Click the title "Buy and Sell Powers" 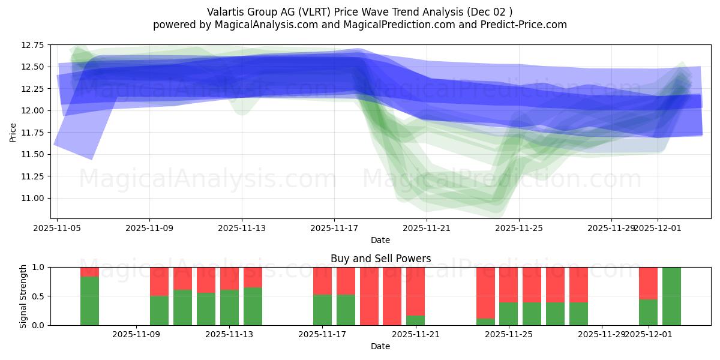point(380,259)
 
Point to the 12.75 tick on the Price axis point(34,45)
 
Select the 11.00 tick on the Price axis point(34,199)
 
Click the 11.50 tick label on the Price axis point(34,155)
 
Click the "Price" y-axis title point(13,132)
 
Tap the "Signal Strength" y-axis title point(23,296)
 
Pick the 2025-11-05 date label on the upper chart point(57,228)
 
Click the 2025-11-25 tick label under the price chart point(519,228)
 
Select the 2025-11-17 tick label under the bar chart point(323,334)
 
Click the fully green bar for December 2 point(671,296)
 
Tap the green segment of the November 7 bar point(90,301)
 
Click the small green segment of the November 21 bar point(415,320)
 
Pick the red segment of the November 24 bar point(485,292)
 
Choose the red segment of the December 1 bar point(648,283)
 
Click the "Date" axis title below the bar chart point(380,346)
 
